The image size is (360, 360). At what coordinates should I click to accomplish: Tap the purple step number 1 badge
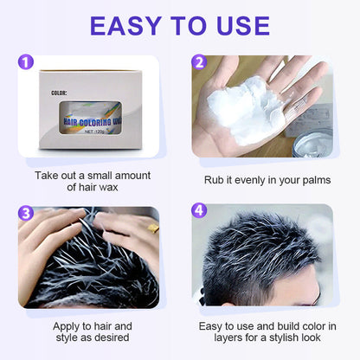coord(27,63)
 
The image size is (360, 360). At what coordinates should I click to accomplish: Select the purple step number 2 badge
coord(199,63)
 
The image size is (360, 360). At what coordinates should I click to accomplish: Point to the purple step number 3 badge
coord(27,213)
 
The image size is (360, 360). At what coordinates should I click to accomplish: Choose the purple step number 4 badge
coord(199,213)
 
